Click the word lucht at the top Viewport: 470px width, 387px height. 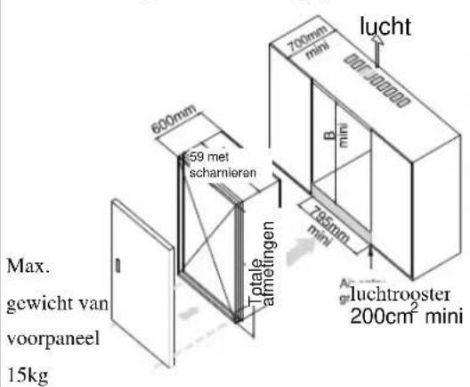point(394,26)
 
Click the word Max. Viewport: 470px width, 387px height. point(21,267)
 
